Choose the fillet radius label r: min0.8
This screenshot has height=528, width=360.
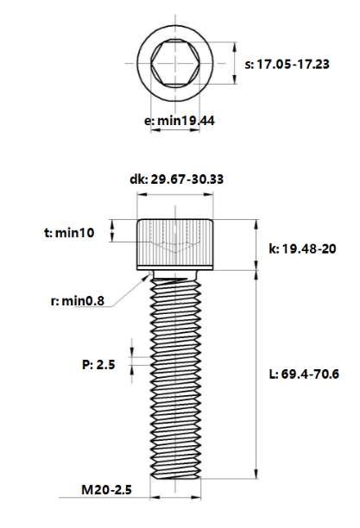coord(77,301)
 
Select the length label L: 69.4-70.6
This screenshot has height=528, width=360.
coord(304,374)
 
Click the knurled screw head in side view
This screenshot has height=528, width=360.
coord(175,244)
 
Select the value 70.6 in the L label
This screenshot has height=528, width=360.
coord(324,374)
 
